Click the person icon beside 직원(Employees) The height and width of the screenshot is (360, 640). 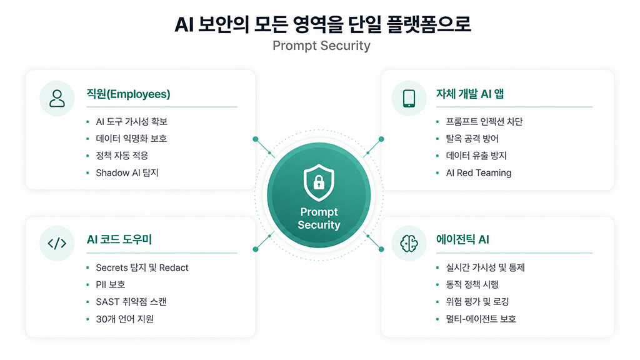[x=57, y=98]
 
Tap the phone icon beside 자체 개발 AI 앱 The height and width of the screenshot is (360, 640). [x=409, y=98]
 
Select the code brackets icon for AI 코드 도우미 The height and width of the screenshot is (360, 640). [x=57, y=243]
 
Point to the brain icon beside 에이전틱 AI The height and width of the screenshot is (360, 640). [x=409, y=243]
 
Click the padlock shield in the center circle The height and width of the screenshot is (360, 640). [x=319, y=182]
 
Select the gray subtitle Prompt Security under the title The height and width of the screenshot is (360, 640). [x=321, y=46]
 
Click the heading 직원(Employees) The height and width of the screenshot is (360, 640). [x=128, y=94]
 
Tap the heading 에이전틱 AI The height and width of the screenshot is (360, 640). [x=462, y=239]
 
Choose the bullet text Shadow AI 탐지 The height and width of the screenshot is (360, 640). [x=127, y=172]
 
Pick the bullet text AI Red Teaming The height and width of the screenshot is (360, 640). [x=478, y=172]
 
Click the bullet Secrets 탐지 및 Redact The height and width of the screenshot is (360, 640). [x=142, y=267]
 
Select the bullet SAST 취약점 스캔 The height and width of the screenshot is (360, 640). [x=131, y=302]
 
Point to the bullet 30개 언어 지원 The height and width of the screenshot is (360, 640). [x=124, y=319]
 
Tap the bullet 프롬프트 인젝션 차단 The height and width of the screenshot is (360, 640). [x=484, y=121]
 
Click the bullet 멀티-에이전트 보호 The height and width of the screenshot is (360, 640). [x=481, y=319]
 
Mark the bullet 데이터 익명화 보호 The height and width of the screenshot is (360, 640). [x=131, y=138]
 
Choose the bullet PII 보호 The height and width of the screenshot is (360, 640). [x=110, y=284]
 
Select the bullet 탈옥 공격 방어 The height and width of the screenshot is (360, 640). [x=472, y=138]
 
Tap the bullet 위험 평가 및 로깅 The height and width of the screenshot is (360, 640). [x=477, y=302]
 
